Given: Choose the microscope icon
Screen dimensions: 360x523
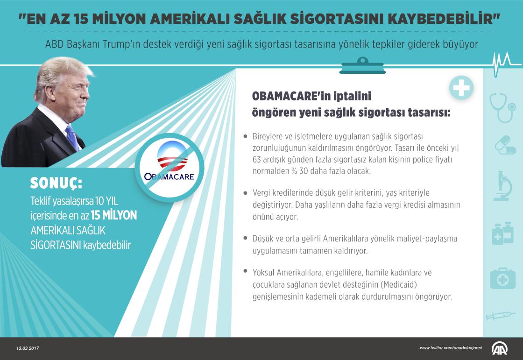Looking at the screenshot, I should click(502, 186).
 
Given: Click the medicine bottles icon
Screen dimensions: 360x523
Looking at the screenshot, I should click(502, 233).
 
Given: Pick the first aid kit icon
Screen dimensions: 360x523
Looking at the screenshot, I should click(502, 279).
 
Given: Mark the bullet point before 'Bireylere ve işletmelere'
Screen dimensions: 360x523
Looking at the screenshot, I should click(246, 136).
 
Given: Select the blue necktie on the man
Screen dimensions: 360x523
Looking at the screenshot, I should click(72, 137).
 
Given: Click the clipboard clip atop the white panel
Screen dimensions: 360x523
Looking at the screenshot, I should click(362, 66).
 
